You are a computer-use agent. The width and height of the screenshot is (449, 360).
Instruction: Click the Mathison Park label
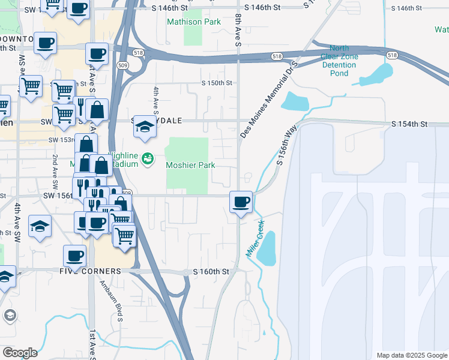193,22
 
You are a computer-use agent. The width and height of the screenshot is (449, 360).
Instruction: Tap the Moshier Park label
190,165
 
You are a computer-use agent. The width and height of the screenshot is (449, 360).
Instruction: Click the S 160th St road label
211,272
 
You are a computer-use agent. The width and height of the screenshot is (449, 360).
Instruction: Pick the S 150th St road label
216,83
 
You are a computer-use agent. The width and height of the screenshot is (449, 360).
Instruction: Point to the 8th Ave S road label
238,31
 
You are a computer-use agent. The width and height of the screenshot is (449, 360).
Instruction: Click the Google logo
20,353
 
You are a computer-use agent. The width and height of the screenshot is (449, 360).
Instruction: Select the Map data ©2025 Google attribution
411,355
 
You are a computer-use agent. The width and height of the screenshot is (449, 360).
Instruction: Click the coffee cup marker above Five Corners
75,256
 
